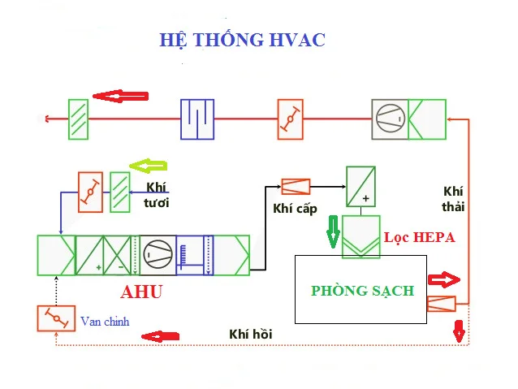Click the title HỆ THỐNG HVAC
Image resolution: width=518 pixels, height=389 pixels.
(x=243, y=40)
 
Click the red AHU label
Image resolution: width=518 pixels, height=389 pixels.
(x=141, y=292)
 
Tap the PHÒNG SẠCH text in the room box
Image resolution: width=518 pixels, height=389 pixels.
(x=362, y=291)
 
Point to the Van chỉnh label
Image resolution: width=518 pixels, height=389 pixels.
(x=105, y=322)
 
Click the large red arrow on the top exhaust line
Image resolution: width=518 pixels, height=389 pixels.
(x=120, y=96)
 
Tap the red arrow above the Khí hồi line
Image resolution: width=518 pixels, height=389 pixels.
(x=160, y=335)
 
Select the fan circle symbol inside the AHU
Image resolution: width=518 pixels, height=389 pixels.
(x=156, y=255)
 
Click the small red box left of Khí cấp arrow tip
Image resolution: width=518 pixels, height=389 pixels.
(x=295, y=186)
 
